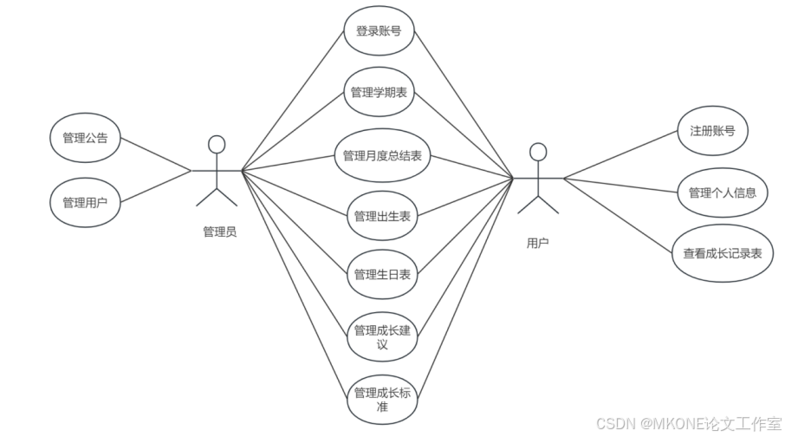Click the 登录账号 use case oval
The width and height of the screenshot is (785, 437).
[x=379, y=32]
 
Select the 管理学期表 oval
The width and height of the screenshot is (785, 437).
[x=379, y=93]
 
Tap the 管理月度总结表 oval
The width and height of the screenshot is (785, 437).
[x=382, y=156]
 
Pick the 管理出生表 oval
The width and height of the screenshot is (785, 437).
[x=382, y=216]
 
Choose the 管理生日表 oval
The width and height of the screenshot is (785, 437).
[x=382, y=275]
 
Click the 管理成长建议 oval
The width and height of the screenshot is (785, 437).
[x=382, y=336]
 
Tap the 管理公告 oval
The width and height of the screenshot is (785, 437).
[x=85, y=138]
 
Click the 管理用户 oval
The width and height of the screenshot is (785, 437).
[x=85, y=203]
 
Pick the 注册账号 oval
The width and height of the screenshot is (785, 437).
[x=713, y=132]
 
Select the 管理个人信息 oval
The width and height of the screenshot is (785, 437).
[x=722, y=192]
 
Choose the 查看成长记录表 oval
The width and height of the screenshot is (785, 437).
[x=722, y=254]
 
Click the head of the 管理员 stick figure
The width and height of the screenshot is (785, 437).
[x=217, y=144]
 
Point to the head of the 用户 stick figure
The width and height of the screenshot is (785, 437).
[x=538, y=153]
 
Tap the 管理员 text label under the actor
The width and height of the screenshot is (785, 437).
[x=219, y=232]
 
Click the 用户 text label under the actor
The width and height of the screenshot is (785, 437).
[x=537, y=244]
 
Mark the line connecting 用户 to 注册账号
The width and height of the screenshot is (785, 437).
[x=621, y=154]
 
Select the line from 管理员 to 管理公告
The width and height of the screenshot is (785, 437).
[x=155, y=155]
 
